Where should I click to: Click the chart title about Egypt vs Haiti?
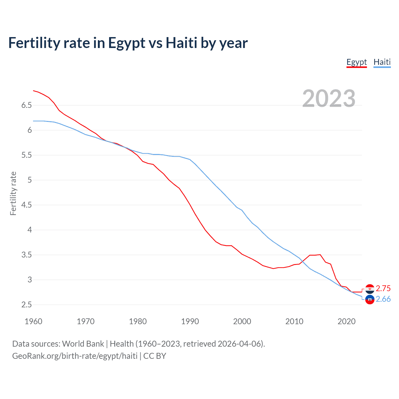tap(128, 43)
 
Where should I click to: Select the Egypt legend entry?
tap(357, 62)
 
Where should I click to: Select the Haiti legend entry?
tap(382, 62)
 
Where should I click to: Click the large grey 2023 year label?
tap(329, 99)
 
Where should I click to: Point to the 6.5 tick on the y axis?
tap(26, 105)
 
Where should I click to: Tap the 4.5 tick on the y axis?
tap(26, 205)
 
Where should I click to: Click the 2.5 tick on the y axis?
tap(26, 305)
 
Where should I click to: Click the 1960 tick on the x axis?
tap(33, 321)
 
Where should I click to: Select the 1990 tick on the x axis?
tap(190, 321)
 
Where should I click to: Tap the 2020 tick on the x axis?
tap(346, 321)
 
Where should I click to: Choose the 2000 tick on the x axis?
tap(242, 321)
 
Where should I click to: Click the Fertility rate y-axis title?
tap(13, 193)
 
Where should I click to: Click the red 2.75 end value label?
tap(383, 288)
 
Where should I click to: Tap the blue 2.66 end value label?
tap(383, 299)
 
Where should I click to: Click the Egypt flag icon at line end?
tap(370, 289)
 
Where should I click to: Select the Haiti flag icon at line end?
tap(370, 300)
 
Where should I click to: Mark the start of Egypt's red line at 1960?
tap(33, 91)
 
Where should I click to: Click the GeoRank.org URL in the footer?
tap(75, 356)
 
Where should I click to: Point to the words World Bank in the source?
tap(83, 344)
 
